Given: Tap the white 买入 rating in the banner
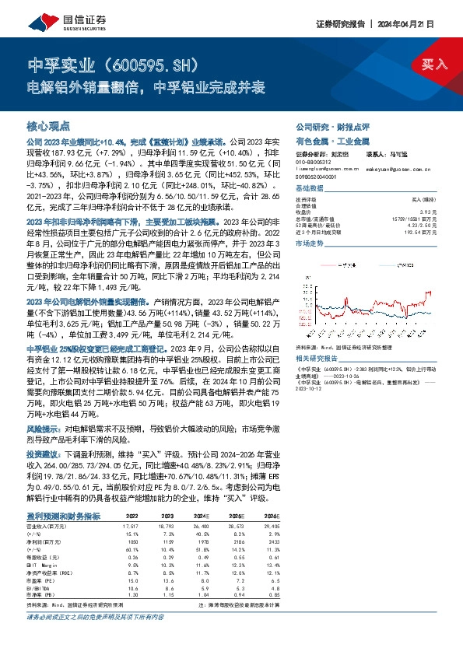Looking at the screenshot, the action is coord(434,65).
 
